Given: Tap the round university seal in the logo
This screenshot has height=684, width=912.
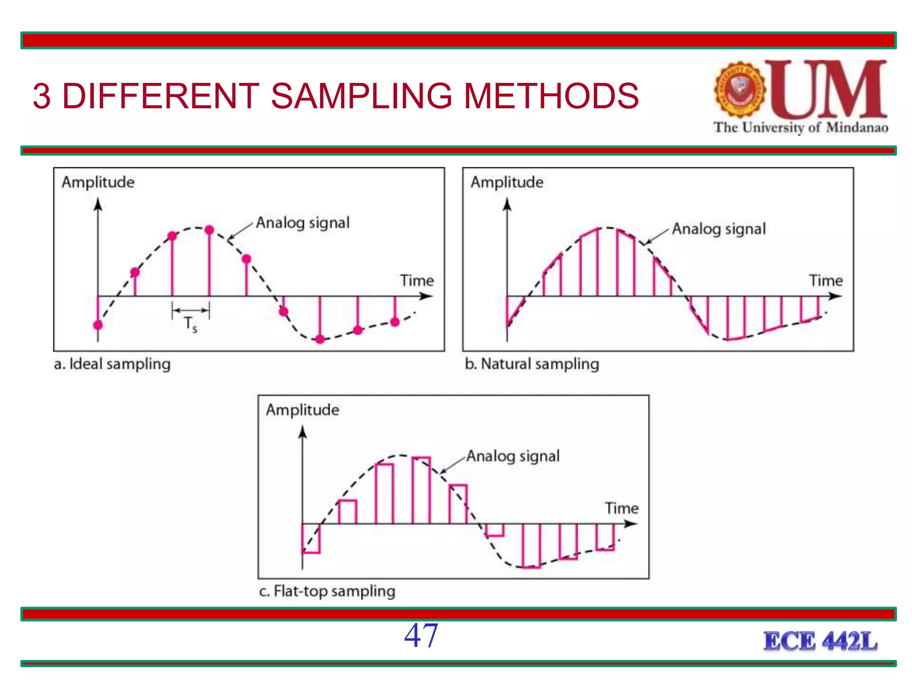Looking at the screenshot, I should coord(740,90).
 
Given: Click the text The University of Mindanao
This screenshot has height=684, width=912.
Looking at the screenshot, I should coord(800,127).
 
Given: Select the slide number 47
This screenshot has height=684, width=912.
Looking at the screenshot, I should coord(421,635).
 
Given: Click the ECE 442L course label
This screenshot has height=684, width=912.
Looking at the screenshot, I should coord(820,641).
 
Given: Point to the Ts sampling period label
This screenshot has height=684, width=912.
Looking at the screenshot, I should coord(191,324).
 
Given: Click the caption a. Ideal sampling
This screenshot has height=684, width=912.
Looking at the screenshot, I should coord(112,364).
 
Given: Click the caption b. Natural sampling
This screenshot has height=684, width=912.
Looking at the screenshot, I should coord(532,364).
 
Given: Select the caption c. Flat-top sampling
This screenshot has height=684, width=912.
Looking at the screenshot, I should coord(327,591).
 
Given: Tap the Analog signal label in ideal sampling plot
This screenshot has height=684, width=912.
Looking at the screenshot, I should coord(303,223).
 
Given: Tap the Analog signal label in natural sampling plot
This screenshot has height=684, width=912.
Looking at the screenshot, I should coord(719,229).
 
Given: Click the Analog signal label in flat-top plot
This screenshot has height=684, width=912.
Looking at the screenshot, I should coord(513,456).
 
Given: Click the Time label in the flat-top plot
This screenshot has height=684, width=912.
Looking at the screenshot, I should coord(621,508).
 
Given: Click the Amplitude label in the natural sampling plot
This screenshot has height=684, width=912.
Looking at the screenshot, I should coord(507,182).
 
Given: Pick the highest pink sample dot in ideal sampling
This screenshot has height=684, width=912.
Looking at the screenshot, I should coord(209,230).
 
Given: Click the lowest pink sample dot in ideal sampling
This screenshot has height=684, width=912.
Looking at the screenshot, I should coord(320,339).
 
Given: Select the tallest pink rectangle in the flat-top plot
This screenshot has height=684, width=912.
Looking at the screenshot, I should coord(421,490).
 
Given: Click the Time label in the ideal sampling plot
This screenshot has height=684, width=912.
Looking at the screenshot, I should coord(416,281).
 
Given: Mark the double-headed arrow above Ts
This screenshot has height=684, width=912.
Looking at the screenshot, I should coord(191,310).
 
